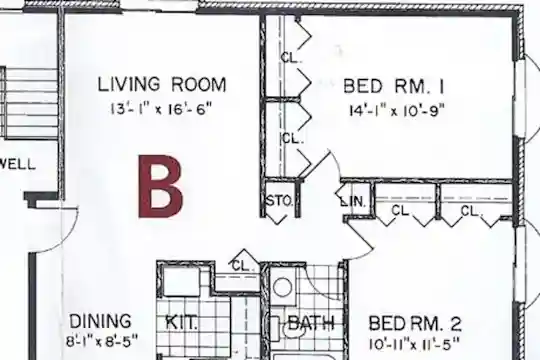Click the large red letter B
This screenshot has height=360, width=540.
point(160,186)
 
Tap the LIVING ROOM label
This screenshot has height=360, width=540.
point(162,85)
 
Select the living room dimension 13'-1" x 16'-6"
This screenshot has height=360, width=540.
point(160,110)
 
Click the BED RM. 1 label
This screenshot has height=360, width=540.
point(394,86)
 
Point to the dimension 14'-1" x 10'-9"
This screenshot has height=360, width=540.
point(397,111)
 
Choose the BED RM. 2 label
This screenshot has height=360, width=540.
point(415,324)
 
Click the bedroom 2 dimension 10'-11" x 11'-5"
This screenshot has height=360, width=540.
point(414,344)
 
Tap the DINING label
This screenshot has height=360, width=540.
point(101,321)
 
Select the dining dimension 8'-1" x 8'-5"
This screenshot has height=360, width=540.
point(102,341)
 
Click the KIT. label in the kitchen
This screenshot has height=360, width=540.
point(182,322)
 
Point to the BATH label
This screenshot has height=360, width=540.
point(311,323)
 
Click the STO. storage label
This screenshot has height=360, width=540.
point(279,201)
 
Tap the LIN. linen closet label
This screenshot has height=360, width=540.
point(353,202)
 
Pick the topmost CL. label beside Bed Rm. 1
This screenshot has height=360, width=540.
point(291,58)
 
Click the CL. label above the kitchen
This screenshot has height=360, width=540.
point(243,266)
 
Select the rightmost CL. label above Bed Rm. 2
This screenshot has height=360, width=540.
point(471,211)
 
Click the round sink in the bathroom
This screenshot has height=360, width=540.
point(282,287)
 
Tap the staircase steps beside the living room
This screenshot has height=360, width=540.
point(29,103)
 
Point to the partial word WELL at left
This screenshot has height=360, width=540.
point(17,164)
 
